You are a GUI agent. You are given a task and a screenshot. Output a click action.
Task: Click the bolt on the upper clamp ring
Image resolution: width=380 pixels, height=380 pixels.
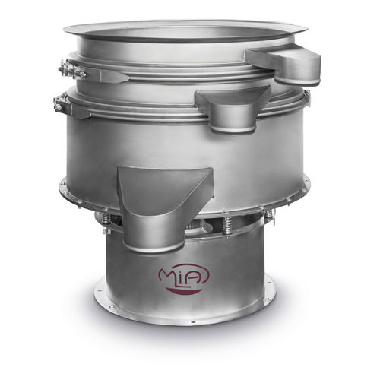[x=69, y=71]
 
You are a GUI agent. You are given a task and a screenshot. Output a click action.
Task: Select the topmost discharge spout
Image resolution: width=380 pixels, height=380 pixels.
[x=284, y=62]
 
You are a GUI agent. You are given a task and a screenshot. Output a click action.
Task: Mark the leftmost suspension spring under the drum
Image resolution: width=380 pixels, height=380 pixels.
[x=106, y=220]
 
